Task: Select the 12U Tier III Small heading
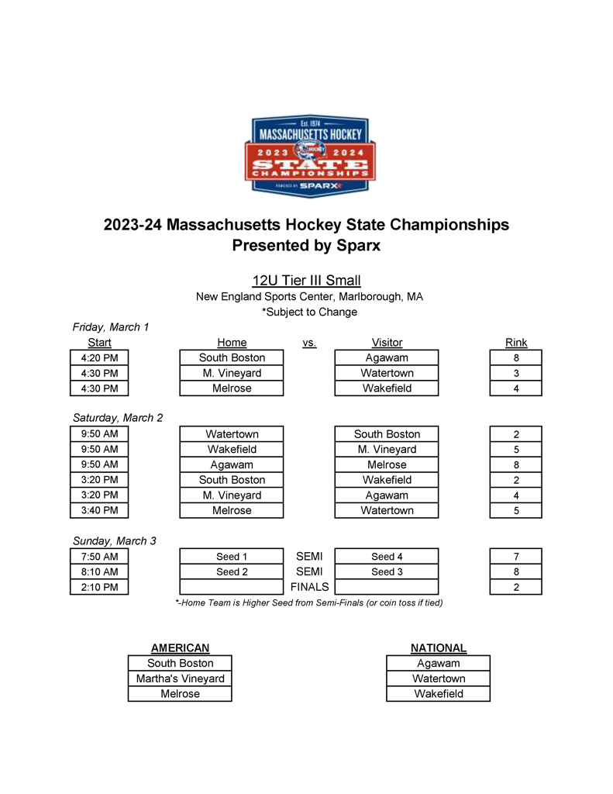tap(306, 281)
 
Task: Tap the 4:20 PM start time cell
tap(99, 357)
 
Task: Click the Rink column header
tap(516, 343)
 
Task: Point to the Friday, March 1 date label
tap(110, 327)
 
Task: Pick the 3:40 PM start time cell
tap(99, 510)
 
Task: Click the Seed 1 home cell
tap(232, 556)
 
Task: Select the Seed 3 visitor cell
tap(387, 571)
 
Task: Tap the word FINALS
tap(309, 587)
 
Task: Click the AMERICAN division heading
tap(180, 648)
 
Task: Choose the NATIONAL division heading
tap(439, 648)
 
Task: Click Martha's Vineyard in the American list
tap(180, 678)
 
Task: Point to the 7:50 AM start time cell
tap(99, 556)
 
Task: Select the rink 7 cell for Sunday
tap(516, 556)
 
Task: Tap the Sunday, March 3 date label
tap(114, 540)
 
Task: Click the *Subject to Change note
tap(309, 312)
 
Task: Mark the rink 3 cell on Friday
tap(516, 373)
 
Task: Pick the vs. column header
tap(309, 343)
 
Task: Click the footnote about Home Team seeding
tap(309, 602)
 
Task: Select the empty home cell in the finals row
tap(232, 587)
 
